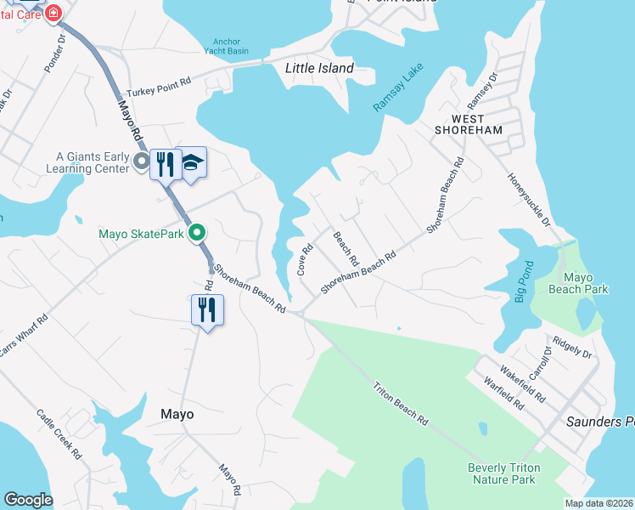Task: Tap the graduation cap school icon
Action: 194,163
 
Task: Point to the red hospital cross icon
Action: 53,12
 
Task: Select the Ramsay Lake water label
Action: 398,91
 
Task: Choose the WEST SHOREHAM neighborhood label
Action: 468,124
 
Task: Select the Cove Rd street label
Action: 304,260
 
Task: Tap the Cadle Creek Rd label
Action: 59,433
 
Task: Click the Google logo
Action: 28,500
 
